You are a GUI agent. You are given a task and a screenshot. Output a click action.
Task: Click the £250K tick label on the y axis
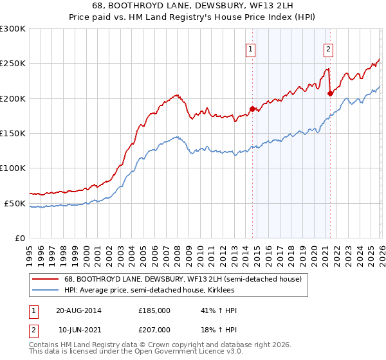[13, 64]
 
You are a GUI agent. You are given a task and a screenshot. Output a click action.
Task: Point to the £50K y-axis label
[15, 203]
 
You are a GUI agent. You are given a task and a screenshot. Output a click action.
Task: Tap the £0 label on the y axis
[20, 238]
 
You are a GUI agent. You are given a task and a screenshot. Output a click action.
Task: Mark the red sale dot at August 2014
[252, 109]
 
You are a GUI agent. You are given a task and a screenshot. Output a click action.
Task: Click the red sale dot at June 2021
[330, 93]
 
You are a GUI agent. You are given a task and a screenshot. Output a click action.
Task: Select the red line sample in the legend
[45, 279]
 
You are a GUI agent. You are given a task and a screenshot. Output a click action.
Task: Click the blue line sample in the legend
[45, 290]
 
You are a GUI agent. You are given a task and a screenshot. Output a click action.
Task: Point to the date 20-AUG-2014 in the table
[78, 310]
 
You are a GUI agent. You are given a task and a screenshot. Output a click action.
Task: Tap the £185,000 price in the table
[154, 310]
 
